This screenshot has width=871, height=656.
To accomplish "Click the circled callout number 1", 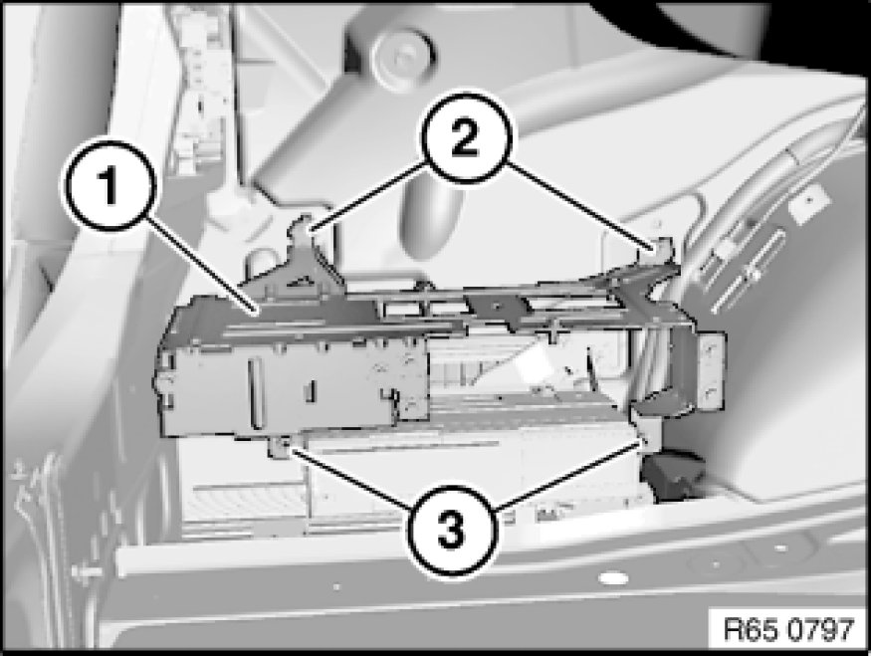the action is point(109,186).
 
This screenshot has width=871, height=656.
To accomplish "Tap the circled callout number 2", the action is point(465,138).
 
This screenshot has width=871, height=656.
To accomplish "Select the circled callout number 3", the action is point(450,530).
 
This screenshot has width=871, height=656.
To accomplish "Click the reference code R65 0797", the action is point(788,630).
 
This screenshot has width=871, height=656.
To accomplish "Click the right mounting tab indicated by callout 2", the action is point(662,248).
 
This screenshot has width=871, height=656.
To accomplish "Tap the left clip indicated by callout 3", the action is point(282,446).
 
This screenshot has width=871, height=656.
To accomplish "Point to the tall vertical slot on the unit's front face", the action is point(256,393).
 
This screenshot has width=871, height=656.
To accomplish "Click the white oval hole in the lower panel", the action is point(613,578).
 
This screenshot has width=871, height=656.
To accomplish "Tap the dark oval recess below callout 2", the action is point(431,217).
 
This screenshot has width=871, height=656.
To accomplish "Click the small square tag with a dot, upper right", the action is point(809,204).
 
